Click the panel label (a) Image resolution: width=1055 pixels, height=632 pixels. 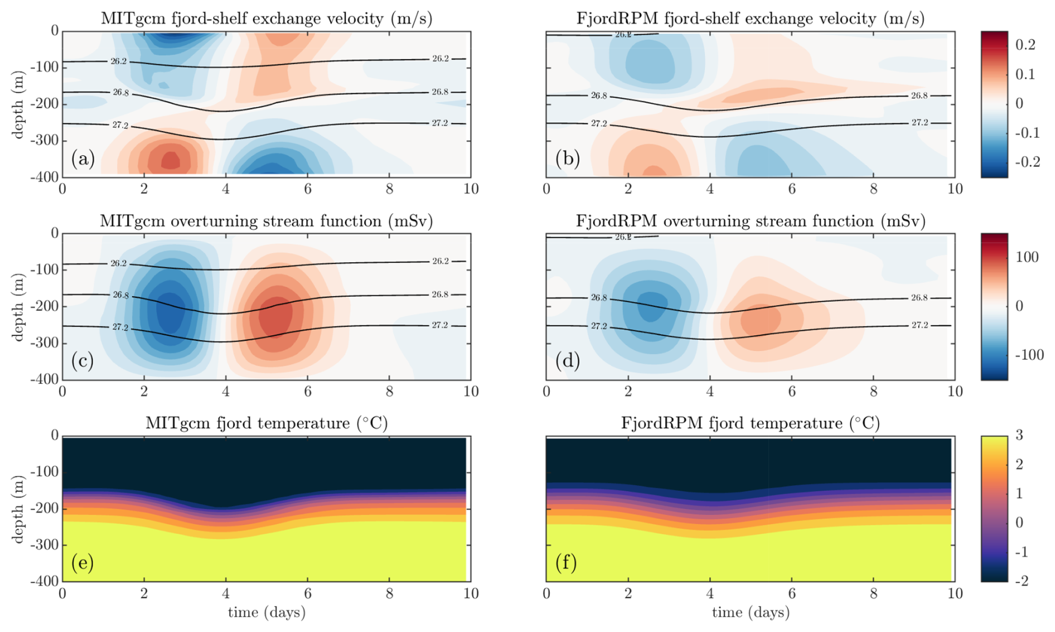[83, 160]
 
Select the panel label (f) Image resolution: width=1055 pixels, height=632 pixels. [566, 562]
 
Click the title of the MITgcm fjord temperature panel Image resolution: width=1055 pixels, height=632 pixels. [267, 423]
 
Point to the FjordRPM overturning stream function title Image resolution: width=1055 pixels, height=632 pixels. [751, 221]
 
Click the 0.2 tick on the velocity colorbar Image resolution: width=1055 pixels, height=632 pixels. [1025, 45]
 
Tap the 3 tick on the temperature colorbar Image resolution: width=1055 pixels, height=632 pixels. [1019, 436]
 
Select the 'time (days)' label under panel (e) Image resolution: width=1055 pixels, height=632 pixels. [267, 612]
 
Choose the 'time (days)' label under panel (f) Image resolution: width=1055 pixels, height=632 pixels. [751, 612]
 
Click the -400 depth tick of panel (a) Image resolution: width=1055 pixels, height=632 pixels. [47, 177]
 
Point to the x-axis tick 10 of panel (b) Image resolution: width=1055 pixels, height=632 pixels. [955, 189]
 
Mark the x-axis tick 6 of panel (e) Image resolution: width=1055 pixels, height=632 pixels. [307, 594]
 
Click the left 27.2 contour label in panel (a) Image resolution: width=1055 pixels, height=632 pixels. [120, 126]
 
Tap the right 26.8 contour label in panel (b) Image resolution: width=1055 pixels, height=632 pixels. [920, 96]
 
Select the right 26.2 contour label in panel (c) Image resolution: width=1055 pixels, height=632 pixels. [440, 261]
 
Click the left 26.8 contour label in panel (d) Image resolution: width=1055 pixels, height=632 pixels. [599, 298]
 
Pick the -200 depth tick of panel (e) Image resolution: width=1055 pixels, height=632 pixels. [47, 509]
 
